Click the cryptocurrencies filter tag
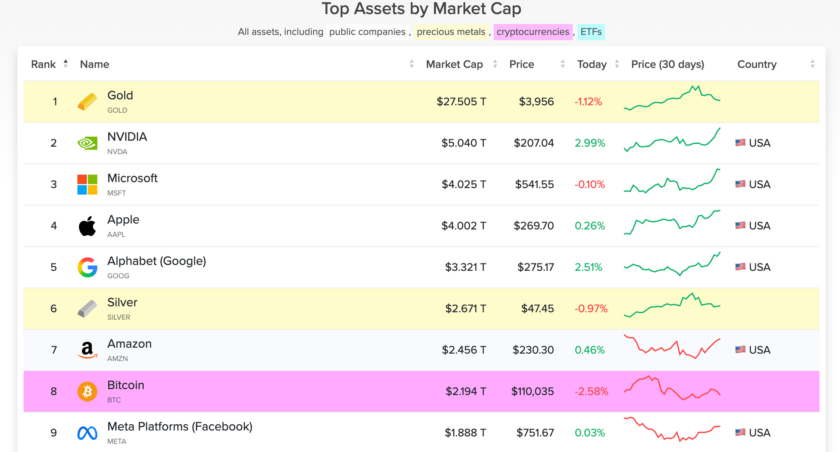click(533, 32)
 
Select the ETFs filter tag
click(591, 32)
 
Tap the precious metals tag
click(451, 32)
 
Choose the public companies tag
click(367, 32)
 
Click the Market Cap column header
click(454, 64)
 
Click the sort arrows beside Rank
click(66, 64)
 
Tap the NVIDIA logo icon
click(87, 143)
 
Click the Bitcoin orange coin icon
click(87, 391)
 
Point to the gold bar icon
click(87, 102)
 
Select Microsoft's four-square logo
click(87, 185)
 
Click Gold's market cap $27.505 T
click(461, 102)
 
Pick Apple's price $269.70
click(533, 226)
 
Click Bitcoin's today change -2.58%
click(591, 391)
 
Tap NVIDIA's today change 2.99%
click(590, 143)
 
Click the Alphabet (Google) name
click(157, 261)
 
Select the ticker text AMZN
click(118, 359)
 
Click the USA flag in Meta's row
click(740, 432)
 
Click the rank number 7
click(54, 350)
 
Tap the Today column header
click(592, 64)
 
